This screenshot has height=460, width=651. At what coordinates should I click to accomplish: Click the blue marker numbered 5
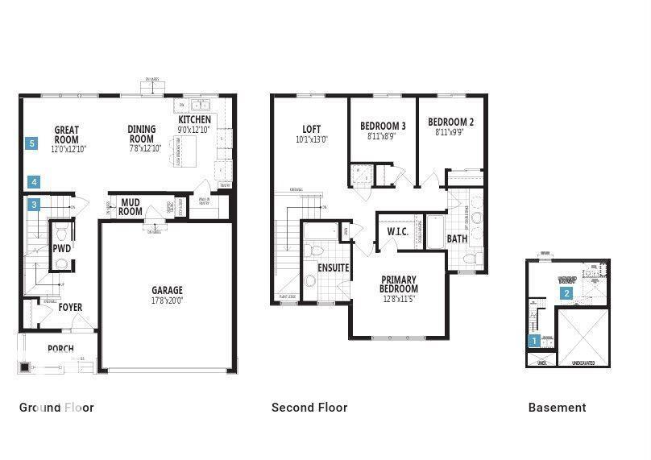31,143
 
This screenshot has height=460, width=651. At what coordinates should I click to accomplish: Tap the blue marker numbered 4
34,182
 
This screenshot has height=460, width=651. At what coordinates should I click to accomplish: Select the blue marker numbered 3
34,205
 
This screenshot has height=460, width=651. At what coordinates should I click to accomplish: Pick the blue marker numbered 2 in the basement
567,293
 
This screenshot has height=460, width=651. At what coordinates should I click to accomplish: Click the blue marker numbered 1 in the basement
533,341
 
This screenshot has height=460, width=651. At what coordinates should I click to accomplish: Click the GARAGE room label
168,291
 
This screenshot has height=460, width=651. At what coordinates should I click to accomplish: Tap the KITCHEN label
194,120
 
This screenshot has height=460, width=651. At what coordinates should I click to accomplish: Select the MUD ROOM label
131,207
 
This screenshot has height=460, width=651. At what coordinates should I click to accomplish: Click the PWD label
62,249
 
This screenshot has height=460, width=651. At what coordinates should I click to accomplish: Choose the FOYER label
70,308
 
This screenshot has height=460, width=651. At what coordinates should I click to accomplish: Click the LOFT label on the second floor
311,129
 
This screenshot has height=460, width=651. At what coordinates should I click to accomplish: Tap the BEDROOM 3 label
383,126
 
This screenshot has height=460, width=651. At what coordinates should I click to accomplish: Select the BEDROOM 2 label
450,122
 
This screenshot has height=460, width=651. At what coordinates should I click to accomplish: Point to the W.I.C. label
398,232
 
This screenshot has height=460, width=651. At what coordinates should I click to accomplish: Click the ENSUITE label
333,267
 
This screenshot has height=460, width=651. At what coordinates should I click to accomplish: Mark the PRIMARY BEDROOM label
399,284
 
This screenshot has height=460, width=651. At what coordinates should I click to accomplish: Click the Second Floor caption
309,408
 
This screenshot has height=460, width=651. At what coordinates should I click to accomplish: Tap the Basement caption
557,408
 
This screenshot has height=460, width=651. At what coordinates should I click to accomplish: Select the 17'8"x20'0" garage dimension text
168,300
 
